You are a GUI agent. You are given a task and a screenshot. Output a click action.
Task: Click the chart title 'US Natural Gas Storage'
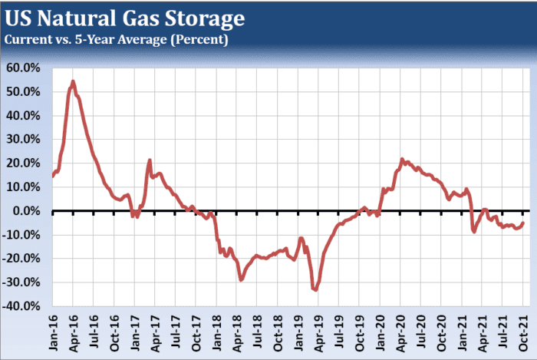point(127,16)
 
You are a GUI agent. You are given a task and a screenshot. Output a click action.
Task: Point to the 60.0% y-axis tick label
point(25,68)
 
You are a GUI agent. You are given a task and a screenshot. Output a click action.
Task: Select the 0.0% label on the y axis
point(28,210)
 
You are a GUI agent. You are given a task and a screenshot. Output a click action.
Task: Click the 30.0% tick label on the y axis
point(25,139)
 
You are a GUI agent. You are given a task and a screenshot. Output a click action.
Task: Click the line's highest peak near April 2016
point(73,81)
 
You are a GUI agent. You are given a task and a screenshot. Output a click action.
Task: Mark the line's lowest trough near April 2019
point(315,289)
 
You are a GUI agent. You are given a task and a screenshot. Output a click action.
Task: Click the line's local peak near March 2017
point(150,160)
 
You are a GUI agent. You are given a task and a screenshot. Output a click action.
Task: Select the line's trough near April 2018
point(241,280)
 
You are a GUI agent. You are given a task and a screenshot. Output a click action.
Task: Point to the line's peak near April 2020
point(401,160)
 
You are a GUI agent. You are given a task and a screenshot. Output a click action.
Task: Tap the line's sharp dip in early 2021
point(474,232)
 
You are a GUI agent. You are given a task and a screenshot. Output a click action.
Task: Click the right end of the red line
point(524,223)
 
